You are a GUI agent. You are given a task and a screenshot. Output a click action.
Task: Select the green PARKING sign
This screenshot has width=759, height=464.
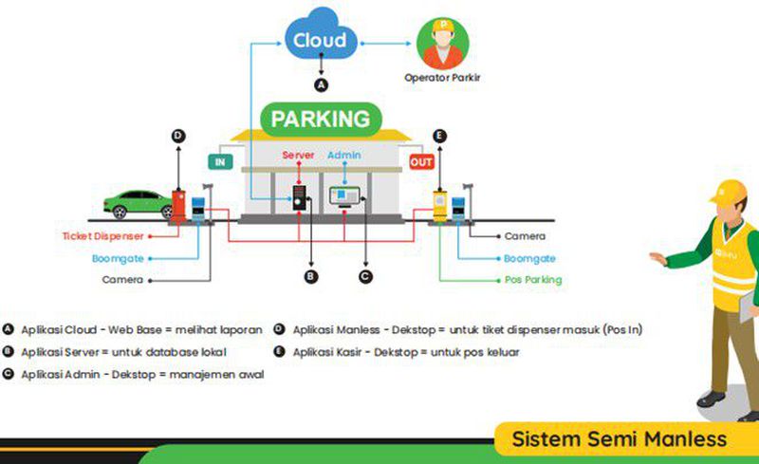[x=320, y=120]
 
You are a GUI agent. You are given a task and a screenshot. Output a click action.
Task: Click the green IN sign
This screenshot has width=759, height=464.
[x=220, y=162]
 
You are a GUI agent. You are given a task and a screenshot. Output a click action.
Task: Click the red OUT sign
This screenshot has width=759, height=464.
[x=421, y=162]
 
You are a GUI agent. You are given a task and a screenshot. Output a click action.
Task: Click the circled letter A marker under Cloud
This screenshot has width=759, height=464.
[x=321, y=84]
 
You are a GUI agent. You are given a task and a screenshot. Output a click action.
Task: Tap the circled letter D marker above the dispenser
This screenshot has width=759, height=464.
[x=178, y=136]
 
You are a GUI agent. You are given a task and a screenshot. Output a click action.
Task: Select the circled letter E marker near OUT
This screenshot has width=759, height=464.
[x=438, y=136]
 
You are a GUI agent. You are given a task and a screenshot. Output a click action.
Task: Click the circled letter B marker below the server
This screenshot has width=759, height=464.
[x=309, y=276]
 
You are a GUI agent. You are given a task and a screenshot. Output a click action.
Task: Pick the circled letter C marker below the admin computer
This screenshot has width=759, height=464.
[x=364, y=276]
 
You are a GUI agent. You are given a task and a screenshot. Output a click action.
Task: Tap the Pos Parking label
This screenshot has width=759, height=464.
[x=532, y=280]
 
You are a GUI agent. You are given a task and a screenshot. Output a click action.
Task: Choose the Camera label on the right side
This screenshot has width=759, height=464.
[x=525, y=235]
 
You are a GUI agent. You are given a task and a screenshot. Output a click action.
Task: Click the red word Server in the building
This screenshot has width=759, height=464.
[x=298, y=155]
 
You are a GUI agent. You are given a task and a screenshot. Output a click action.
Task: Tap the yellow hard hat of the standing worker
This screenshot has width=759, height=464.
[x=729, y=195]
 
